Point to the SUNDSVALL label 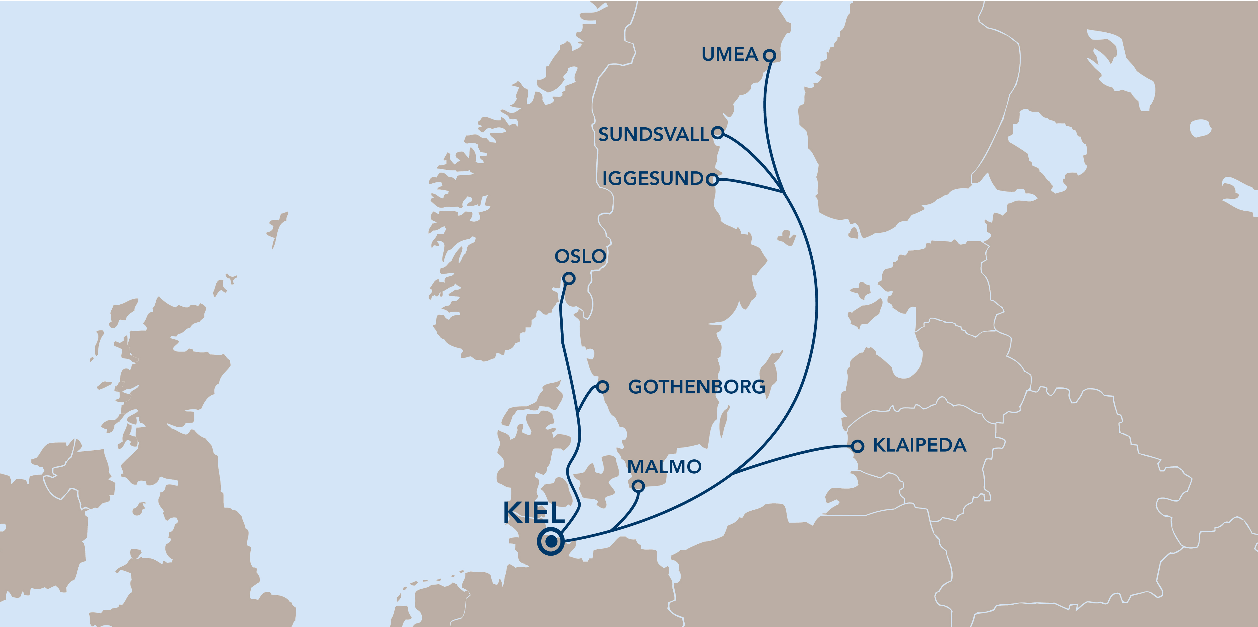pos(654,134)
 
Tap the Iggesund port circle pos(713,180)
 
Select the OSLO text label pos(580,256)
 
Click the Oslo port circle pos(568,278)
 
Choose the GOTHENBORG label pos(696,387)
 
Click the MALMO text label pos(664,467)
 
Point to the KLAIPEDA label pos(919,445)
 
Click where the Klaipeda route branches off pos(732,474)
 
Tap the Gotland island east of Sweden pos(771,369)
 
